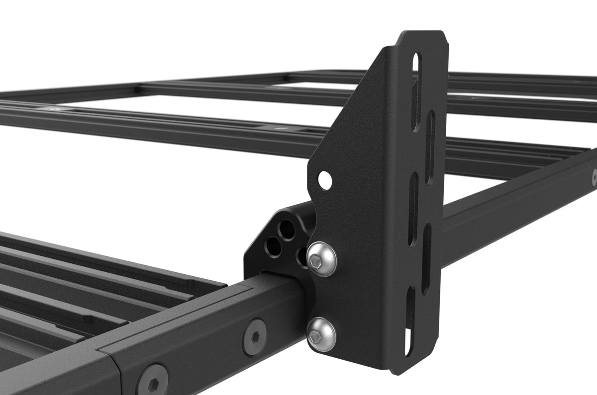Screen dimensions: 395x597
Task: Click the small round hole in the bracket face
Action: pos(324,180)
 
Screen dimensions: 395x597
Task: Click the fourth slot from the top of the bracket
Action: pos(427,258)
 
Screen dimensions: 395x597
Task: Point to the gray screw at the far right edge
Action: pos(594,177)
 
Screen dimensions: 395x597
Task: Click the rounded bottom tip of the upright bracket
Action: pos(398,370)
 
